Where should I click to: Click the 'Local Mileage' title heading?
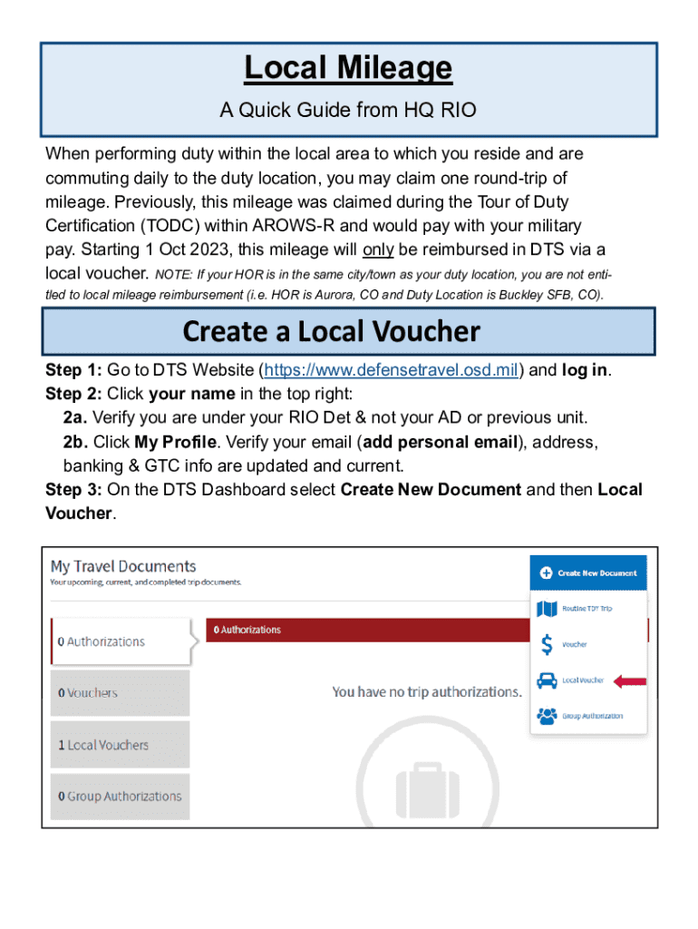[348, 68]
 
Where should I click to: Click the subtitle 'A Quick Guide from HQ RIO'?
[348, 111]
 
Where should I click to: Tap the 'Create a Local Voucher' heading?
[331, 332]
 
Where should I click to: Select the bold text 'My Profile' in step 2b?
[176, 442]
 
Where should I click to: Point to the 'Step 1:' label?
[73, 370]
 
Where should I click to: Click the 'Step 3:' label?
[73, 489]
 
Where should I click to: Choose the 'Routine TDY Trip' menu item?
[587, 608]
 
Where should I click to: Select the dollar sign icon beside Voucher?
[547, 644]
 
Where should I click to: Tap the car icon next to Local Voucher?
[547, 680]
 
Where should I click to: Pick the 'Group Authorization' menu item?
[592, 716]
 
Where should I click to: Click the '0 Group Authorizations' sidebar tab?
[120, 797]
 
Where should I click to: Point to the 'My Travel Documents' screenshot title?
[123, 566]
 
